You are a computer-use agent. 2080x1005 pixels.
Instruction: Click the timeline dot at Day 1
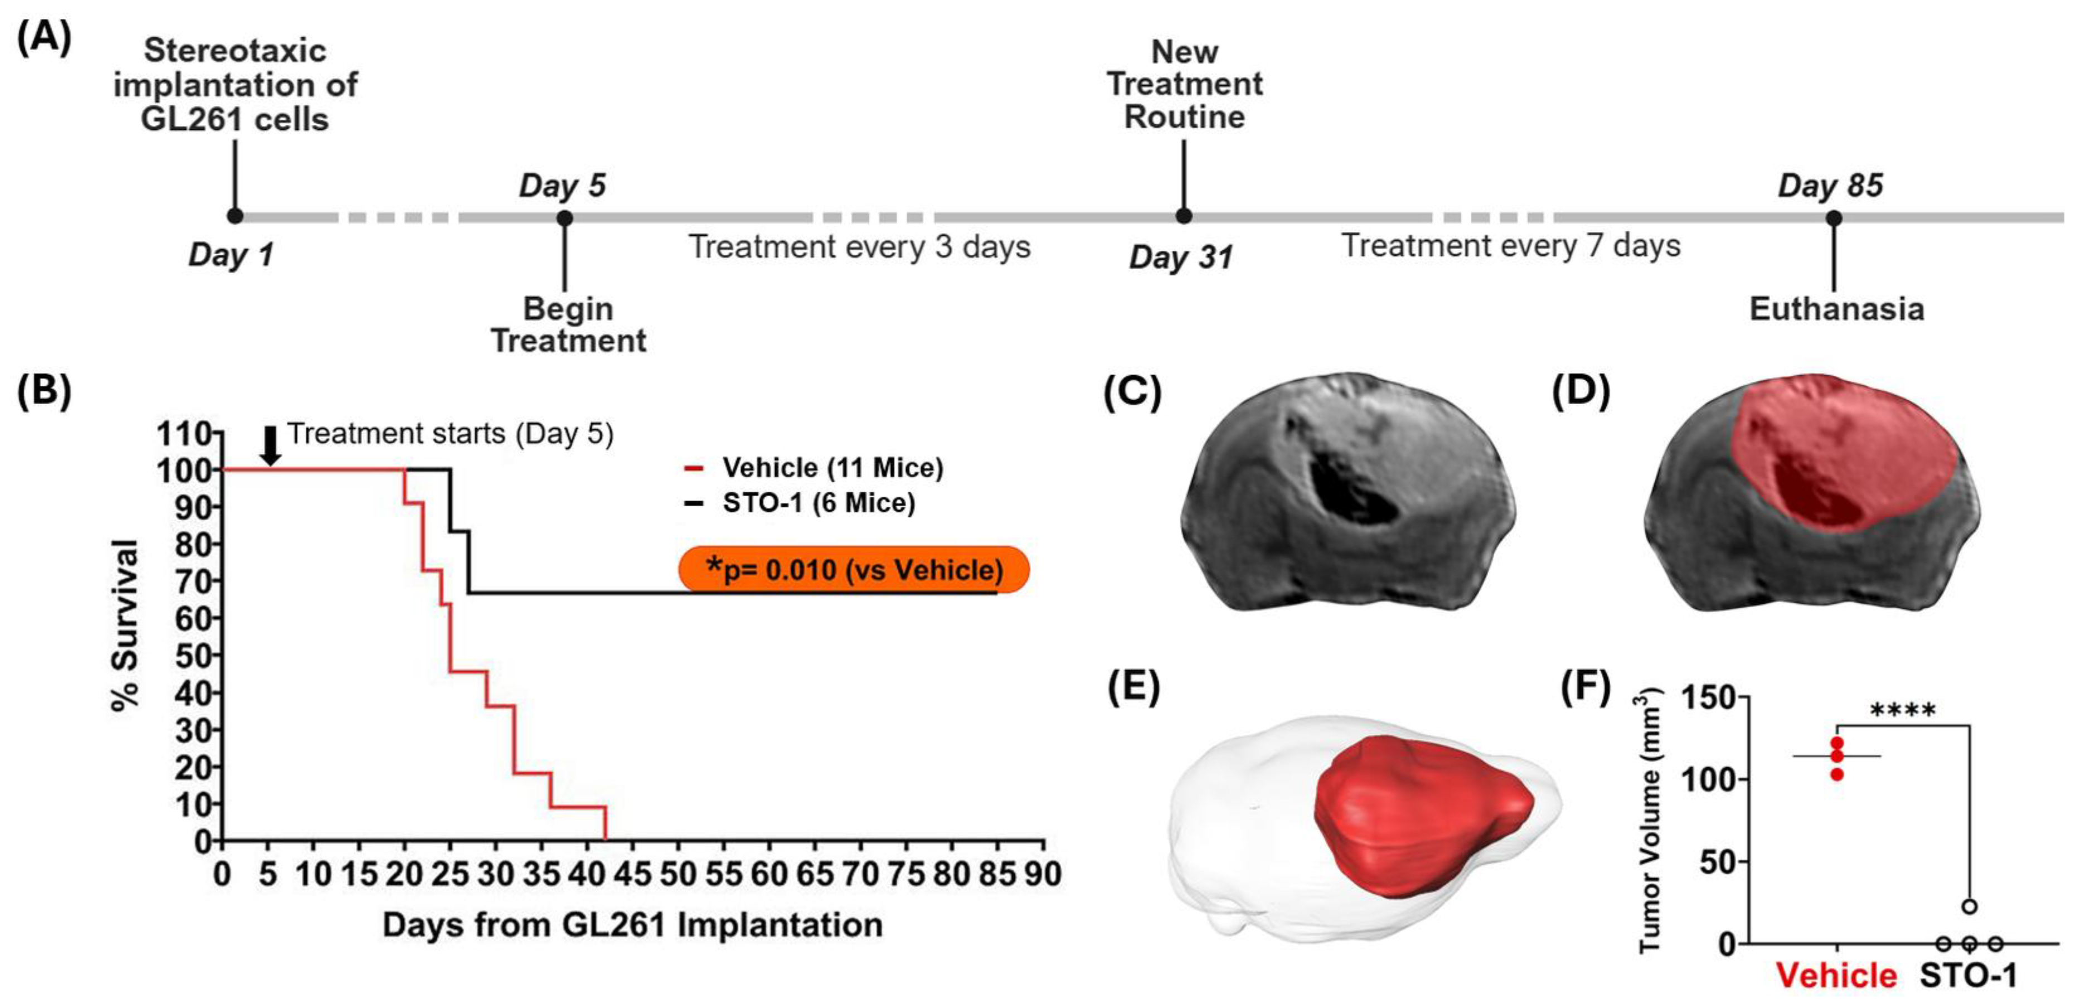[235, 216]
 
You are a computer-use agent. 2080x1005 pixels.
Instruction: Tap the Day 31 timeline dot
[1183, 216]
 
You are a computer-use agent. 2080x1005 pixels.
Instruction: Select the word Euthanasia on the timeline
[1837, 309]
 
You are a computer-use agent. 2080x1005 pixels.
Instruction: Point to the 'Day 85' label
[1830, 186]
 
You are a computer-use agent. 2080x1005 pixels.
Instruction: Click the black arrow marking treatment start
[271, 445]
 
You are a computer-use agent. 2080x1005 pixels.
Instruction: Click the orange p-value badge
[854, 569]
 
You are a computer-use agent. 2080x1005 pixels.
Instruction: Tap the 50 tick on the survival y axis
[194, 656]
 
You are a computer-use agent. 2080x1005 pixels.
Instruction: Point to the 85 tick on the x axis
[997, 874]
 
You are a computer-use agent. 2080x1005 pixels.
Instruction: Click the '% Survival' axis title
[125, 625]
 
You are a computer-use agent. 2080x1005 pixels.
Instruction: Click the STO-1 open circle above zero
[1970, 906]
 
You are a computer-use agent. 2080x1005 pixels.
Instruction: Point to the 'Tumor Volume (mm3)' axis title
[1651, 819]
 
